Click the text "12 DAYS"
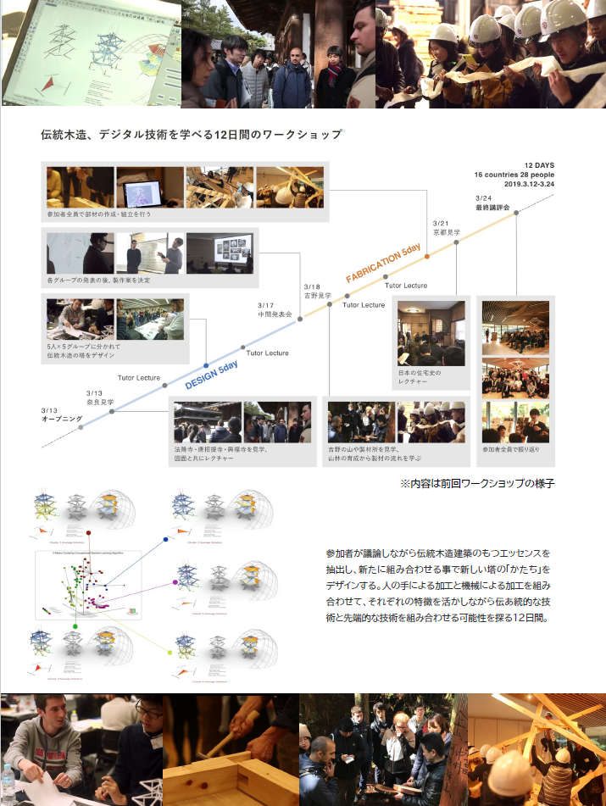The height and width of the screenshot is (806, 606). pyautogui.click(x=538, y=165)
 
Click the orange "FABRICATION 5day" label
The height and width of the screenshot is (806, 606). pyautogui.click(x=383, y=264)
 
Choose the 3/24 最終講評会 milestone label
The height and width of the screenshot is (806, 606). pyautogui.click(x=492, y=203)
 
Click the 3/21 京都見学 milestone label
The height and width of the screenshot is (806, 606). pyautogui.click(x=446, y=228)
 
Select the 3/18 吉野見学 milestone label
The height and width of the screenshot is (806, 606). pyautogui.click(x=318, y=292)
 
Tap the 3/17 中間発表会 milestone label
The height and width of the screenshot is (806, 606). pyautogui.click(x=275, y=310)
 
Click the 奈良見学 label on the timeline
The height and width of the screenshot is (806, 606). pyautogui.click(x=100, y=402)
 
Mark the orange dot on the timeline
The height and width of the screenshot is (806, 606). pyautogui.click(x=426, y=255)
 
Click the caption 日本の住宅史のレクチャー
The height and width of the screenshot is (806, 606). pyautogui.click(x=420, y=377)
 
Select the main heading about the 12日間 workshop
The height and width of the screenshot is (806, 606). pyautogui.click(x=191, y=134)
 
